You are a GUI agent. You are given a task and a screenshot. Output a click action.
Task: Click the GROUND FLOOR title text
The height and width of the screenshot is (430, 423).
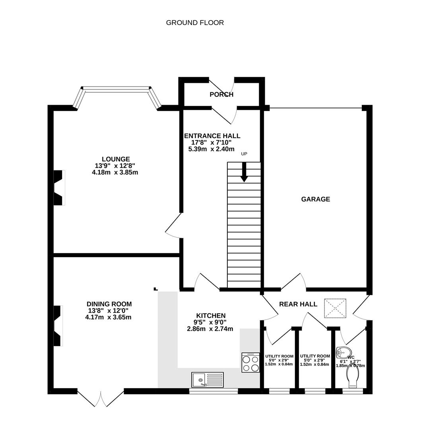click(x=195, y=23)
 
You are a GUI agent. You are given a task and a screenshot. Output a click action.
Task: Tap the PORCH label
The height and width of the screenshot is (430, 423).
click(x=221, y=95)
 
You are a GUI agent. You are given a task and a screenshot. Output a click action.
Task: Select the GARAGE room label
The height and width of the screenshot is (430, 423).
click(x=315, y=199)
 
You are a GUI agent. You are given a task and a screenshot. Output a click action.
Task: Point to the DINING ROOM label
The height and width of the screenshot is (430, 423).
click(x=109, y=304)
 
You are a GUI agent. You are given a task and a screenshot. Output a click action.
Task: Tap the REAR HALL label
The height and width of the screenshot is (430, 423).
click(x=298, y=304)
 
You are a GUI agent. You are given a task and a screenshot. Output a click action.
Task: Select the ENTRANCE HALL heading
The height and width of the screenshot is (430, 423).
click(x=212, y=136)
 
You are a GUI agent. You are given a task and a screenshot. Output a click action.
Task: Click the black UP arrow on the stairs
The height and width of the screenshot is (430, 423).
click(x=244, y=172)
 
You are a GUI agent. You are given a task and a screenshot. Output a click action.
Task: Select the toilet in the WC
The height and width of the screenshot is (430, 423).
click(x=353, y=376)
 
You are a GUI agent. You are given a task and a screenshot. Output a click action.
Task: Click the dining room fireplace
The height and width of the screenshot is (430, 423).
click(x=58, y=326)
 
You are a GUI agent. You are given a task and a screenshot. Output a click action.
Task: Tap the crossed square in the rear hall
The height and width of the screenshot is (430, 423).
click(x=335, y=309)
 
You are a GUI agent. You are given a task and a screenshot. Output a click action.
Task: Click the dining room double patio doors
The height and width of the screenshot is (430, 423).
click(x=101, y=398)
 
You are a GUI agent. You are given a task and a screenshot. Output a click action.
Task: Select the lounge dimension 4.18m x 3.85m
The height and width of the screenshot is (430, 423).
click(x=114, y=172)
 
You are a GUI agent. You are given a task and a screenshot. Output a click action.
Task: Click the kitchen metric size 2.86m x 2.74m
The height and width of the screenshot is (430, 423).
click(x=210, y=329)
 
